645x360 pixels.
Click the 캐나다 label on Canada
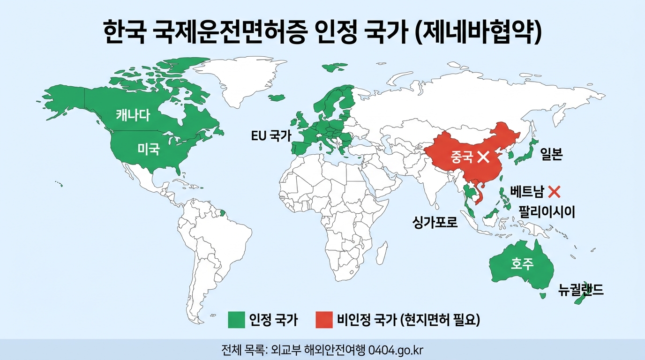(133, 114)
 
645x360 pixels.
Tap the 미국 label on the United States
(149, 149)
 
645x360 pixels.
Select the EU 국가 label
(270, 136)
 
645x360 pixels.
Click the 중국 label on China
(462, 157)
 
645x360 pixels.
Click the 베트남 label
(527, 192)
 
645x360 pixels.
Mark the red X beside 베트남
(554, 191)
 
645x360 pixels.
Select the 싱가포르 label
(435, 222)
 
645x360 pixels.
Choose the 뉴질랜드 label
(581, 290)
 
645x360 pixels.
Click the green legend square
(236, 320)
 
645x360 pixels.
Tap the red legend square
(324, 320)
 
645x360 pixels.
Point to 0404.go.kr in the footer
(396, 350)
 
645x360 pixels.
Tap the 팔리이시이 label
(546, 212)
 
